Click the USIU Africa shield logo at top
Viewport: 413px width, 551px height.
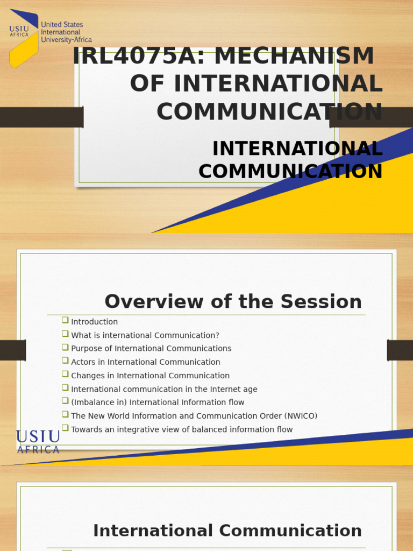pos(24,38)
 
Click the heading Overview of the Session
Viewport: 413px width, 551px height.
pos(233,302)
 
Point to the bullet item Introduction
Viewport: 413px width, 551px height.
pos(94,322)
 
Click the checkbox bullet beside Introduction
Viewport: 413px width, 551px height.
pos(65,320)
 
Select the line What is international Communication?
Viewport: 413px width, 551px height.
pos(145,335)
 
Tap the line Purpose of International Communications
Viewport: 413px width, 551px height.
pos(151,349)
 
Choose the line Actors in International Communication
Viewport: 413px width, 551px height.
pos(145,362)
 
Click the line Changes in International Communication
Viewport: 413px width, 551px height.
pos(150,376)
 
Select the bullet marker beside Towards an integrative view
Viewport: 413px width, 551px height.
pos(65,428)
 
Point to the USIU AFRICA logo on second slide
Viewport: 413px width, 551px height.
pos(38,441)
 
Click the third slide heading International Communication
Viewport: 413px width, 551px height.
pos(227,531)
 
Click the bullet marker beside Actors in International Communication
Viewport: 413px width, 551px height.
pos(65,361)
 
